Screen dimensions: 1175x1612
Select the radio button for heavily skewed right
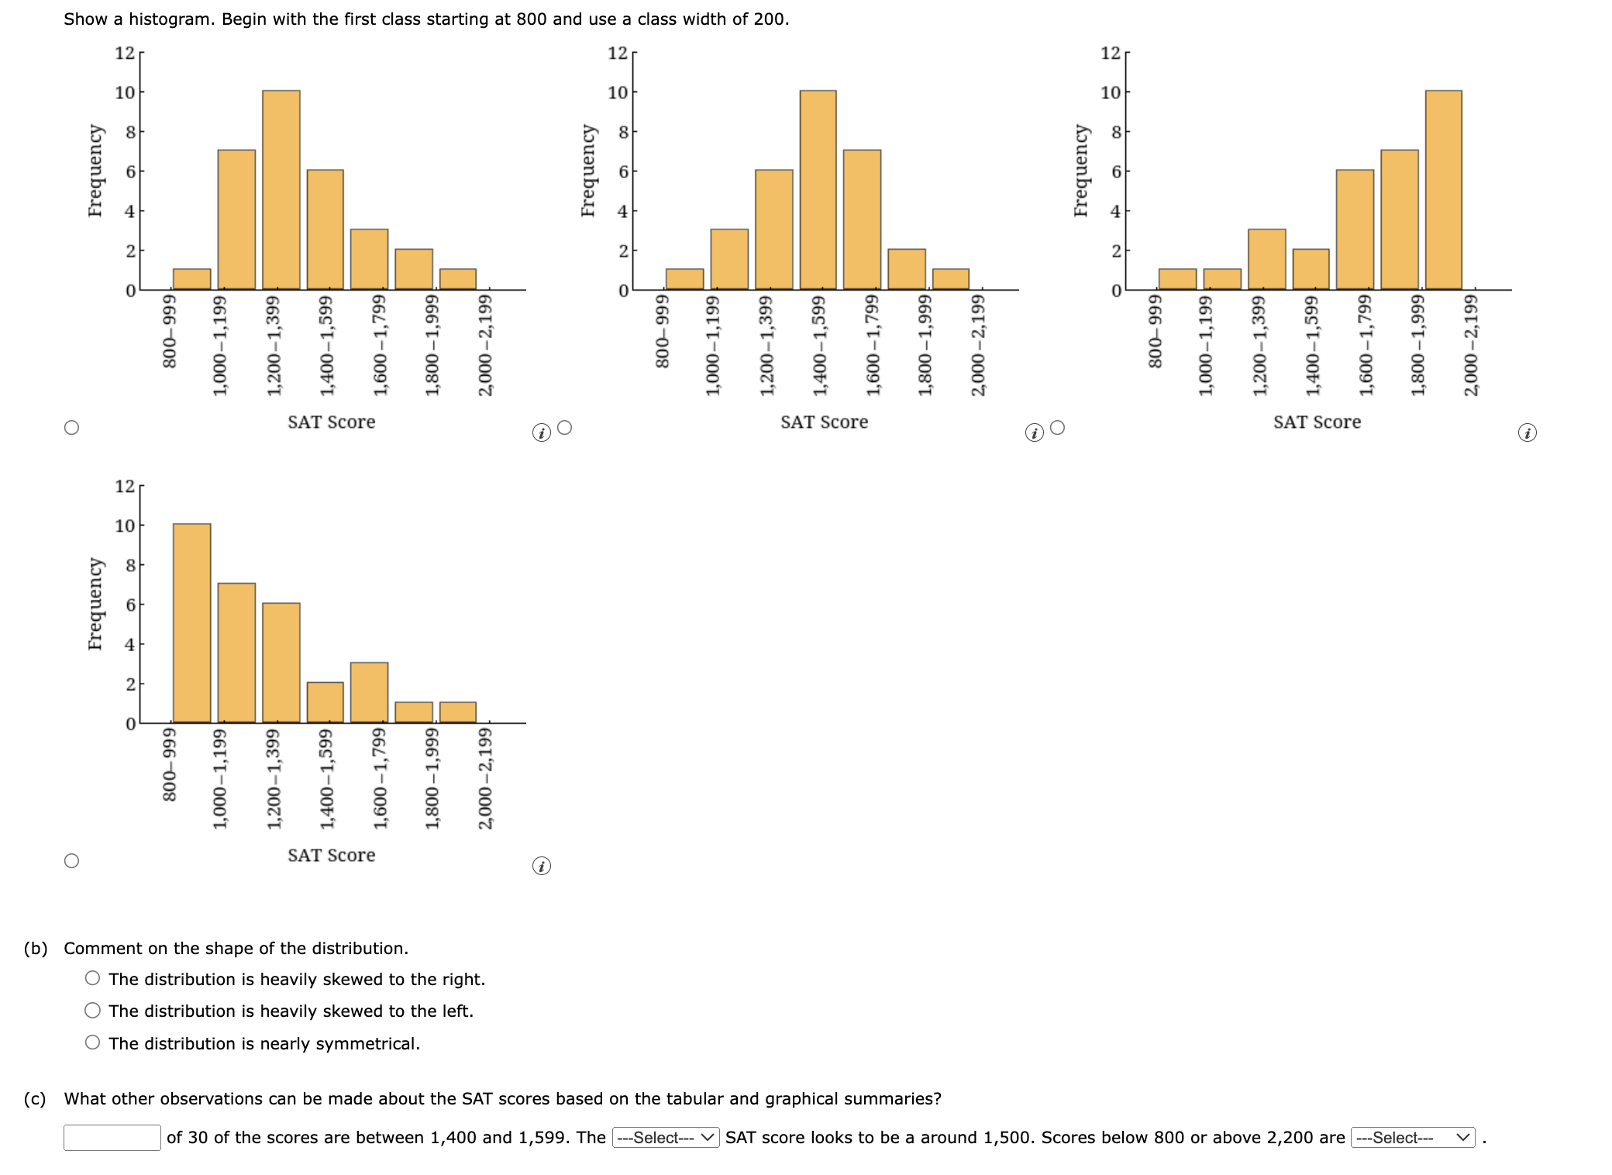[93, 978]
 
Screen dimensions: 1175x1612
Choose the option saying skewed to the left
[93, 1010]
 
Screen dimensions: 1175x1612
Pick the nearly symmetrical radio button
[93, 1042]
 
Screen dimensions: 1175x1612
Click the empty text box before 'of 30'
[112, 1137]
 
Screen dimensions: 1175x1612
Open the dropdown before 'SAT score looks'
[666, 1137]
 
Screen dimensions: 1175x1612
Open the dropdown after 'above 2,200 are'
[1412, 1137]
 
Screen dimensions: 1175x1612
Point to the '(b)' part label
[36, 948]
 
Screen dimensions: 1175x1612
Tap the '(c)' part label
[36, 1098]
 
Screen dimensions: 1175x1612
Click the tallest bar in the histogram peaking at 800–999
[191, 623]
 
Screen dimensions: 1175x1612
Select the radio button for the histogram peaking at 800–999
[71, 860]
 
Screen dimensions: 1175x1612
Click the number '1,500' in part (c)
[1007, 1137]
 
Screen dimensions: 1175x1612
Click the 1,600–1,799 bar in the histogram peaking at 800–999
[369, 692]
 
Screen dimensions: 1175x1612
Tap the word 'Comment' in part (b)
[95, 948]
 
